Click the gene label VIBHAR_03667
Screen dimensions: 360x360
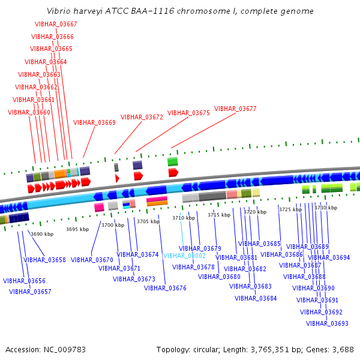tap(56, 24)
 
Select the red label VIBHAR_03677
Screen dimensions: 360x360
tap(235, 109)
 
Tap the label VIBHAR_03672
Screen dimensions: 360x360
tap(142, 117)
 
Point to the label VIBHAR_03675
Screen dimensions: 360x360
tap(188, 113)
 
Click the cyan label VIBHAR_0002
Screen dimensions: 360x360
tap(184, 256)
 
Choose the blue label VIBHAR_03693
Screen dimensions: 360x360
tap(327, 323)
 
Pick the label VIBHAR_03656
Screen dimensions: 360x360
tap(24, 281)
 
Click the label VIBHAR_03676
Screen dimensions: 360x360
tap(165, 288)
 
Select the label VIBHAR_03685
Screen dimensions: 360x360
tap(259, 244)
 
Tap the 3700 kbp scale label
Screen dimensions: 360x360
tap(113, 225)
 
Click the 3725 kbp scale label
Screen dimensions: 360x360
tap(290, 209)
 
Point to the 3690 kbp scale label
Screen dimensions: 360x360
tap(42, 234)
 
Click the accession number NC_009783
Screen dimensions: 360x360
tap(64, 349)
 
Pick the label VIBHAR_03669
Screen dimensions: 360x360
tap(94, 122)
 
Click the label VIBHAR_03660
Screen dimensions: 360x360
tap(29, 112)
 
